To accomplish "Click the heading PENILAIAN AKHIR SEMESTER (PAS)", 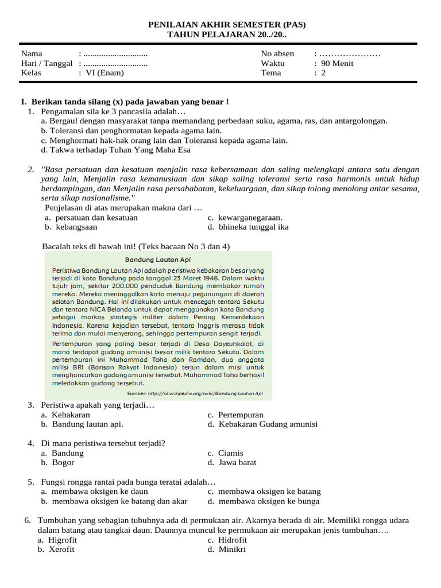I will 227,25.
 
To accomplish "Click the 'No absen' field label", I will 277,54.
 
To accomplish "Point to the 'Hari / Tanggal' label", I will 47,63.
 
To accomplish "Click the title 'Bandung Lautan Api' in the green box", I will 158,260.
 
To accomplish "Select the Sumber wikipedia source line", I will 195,393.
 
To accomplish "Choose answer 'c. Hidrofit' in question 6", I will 227,540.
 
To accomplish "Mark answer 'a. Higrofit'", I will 57,540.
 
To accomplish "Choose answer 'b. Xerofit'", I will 56,549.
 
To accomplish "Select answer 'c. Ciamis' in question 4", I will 226,453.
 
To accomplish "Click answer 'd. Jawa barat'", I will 232,462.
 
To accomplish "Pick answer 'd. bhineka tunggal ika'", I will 248,227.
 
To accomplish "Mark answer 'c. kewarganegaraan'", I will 245,218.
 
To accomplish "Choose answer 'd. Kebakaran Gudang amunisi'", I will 262,424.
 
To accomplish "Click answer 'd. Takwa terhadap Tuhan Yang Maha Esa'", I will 115,150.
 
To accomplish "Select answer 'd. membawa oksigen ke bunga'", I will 264,501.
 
